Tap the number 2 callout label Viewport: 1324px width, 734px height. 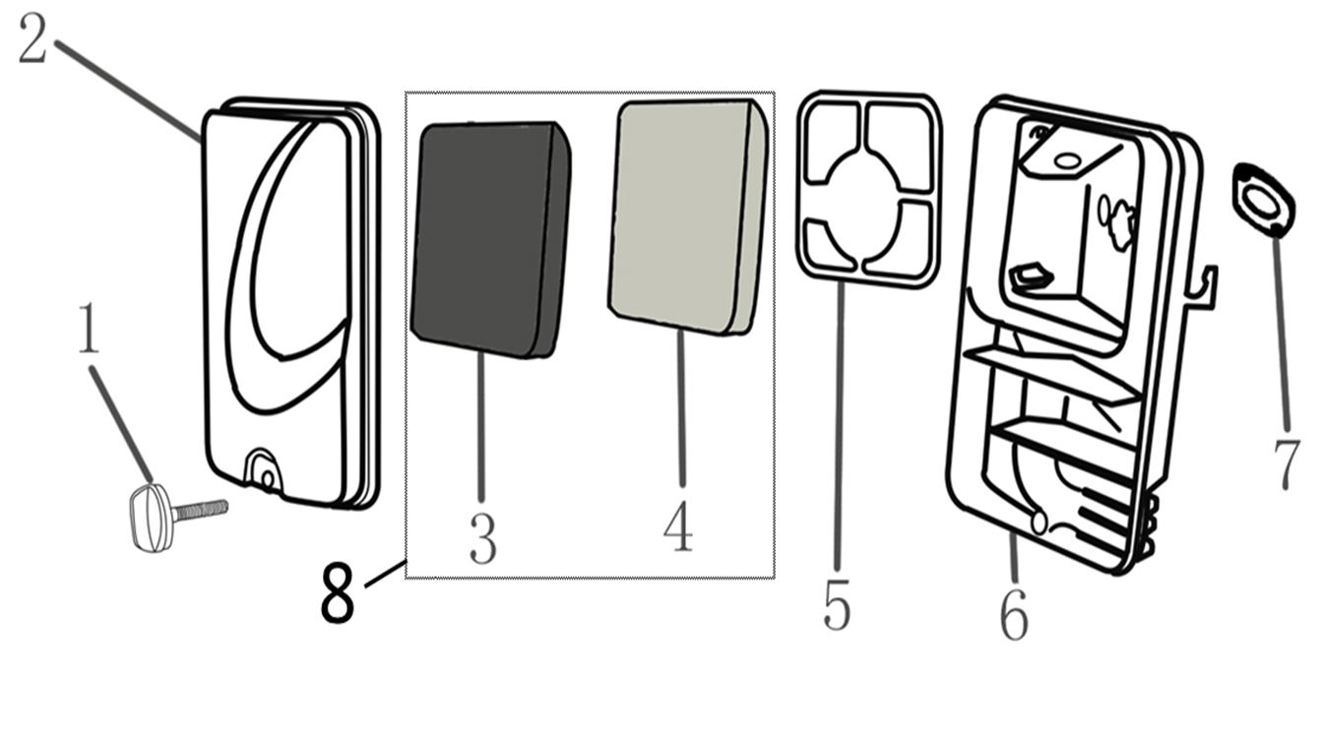coord(33,38)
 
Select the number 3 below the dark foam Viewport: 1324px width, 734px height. coord(483,538)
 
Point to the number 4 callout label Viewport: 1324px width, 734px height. coord(678,526)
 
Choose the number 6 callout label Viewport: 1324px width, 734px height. coord(1014,615)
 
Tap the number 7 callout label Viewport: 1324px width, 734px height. coord(1287,464)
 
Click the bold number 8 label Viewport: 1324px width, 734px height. coord(338,591)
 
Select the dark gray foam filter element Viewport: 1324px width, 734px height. coord(490,239)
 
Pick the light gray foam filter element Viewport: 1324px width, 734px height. coord(689,216)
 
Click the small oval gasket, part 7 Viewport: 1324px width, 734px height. coord(1264,199)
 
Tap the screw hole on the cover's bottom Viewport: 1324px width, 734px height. coord(267,477)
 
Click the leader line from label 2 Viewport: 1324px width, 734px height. coord(128,91)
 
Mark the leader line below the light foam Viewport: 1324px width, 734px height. coord(681,407)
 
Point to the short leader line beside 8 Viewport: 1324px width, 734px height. coord(385,574)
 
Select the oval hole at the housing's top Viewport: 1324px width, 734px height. coord(1067,159)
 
